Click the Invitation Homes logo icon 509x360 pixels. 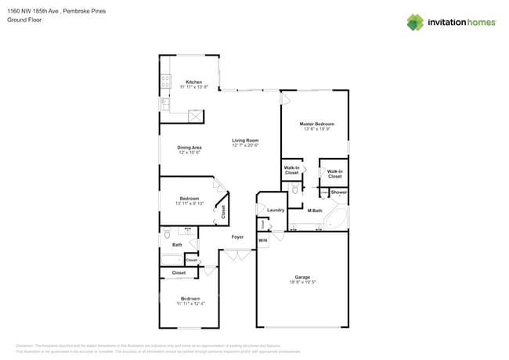(x=414, y=22)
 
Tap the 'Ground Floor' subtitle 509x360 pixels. (x=23, y=20)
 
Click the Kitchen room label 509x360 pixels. (x=193, y=82)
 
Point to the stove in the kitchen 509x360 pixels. (x=165, y=79)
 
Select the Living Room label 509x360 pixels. (x=245, y=140)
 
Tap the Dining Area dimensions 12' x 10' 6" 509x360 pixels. (x=190, y=153)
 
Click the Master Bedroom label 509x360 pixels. (x=316, y=124)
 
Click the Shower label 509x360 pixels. (x=338, y=192)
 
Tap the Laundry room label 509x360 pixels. (x=276, y=210)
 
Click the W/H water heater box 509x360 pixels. (x=262, y=240)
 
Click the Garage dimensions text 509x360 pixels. (x=302, y=282)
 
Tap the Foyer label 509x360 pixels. (x=237, y=236)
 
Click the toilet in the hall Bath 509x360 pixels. (x=166, y=233)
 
